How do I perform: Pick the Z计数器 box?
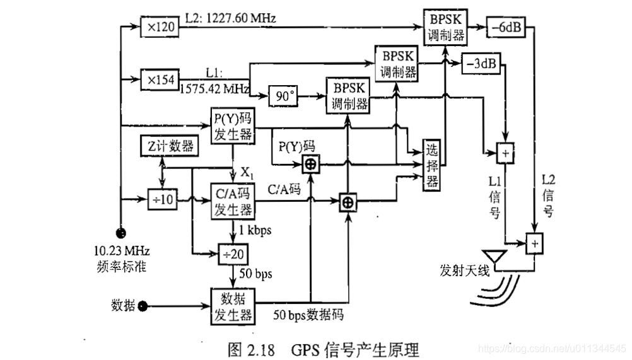[168, 146]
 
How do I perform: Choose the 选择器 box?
[431, 165]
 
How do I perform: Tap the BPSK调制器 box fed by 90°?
[347, 96]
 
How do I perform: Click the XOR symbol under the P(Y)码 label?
[310, 165]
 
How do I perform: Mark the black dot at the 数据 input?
[143, 306]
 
